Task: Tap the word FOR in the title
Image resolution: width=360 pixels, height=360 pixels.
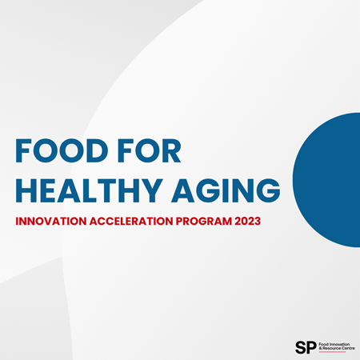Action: [151, 152]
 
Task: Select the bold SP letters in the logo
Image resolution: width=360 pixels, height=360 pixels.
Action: [304, 346]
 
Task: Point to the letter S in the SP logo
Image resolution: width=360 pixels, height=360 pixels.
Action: [299, 346]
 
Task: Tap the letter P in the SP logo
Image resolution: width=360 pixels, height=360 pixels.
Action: [310, 346]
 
